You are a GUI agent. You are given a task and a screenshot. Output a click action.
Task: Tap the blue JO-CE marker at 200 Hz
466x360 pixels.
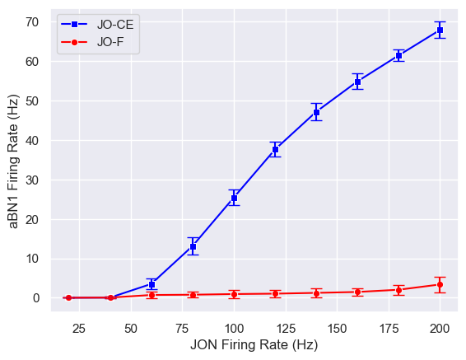(x=440, y=30)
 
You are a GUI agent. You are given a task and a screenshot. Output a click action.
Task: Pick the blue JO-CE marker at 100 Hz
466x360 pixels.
(x=234, y=199)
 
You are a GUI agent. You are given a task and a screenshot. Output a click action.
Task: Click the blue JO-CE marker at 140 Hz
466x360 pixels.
(x=316, y=112)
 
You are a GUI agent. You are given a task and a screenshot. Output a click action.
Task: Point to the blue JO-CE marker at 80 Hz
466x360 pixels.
(x=193, y=246)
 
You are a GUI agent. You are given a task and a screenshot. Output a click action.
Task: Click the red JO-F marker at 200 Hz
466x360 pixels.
(x=440, y=284)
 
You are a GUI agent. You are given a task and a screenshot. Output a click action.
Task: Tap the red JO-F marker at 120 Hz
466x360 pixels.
(x=275, y=293)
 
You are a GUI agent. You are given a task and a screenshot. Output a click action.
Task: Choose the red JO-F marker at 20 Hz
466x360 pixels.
(x=68, y=297)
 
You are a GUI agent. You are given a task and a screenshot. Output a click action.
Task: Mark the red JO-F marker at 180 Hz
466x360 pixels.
(x=398, y=290)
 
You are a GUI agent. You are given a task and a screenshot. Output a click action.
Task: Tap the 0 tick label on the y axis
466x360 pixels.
(x=37, y=298)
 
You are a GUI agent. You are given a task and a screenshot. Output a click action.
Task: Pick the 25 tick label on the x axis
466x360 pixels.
(x=79, y=329)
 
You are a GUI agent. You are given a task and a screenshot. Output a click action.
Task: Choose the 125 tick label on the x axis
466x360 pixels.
(x=285, y=329)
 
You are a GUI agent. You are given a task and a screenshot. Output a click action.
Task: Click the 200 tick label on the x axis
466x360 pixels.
(x=440, y=329)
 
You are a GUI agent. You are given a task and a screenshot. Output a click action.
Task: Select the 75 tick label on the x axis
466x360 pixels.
(x=182, y=329)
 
